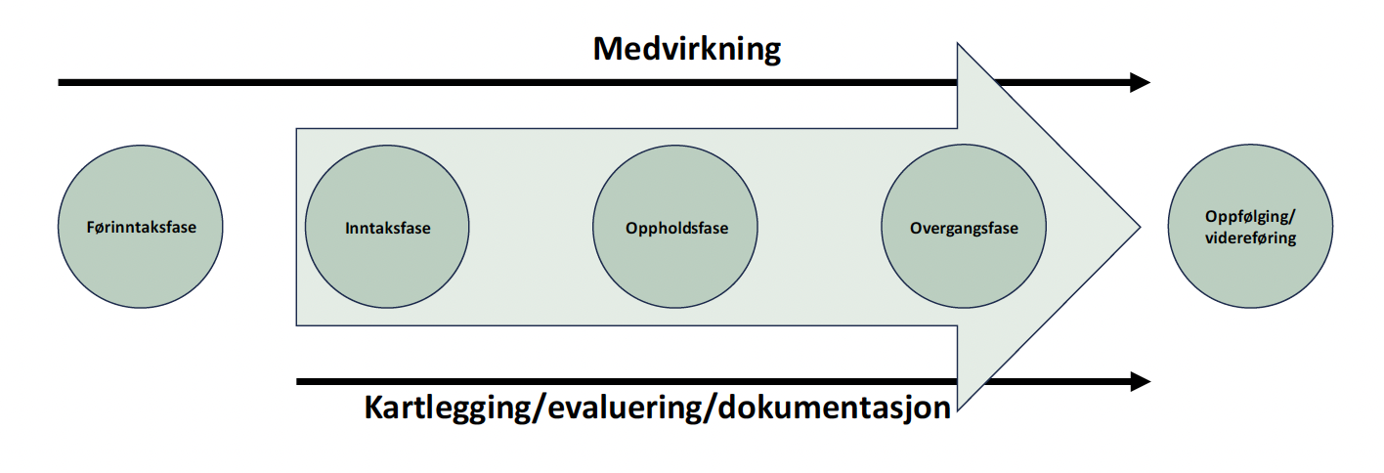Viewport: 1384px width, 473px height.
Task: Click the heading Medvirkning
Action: pyautogui.click(x=686, y=48)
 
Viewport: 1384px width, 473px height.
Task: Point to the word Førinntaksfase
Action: pyautogui.click(x=141, y=228)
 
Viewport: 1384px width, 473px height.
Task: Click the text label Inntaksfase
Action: pyautogui.click(x=388, y=229)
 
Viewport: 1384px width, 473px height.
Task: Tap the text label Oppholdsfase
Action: pyautogui.click(x=676, y=229)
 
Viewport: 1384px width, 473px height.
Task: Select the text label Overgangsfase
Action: pyautogui.click(x=964, y=229)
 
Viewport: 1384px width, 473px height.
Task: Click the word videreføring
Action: pyautogui.click(x=1250, y=237)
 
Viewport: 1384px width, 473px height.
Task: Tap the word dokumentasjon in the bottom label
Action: pyautogui.click(x=832, y=408)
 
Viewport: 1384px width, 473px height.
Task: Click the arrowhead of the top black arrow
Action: pyautogui.click(x=1140, y=83)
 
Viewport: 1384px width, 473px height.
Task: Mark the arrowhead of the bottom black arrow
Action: pyautogui.click(x=1140, y=381)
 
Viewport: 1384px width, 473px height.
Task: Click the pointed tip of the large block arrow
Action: pyautogui.click(x=1136, y=228)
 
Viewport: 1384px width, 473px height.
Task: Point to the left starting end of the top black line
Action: pyautogui.click(x=62, y=83)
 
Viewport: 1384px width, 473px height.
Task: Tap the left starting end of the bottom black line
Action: pyautogui.click(x=299, y=381)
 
